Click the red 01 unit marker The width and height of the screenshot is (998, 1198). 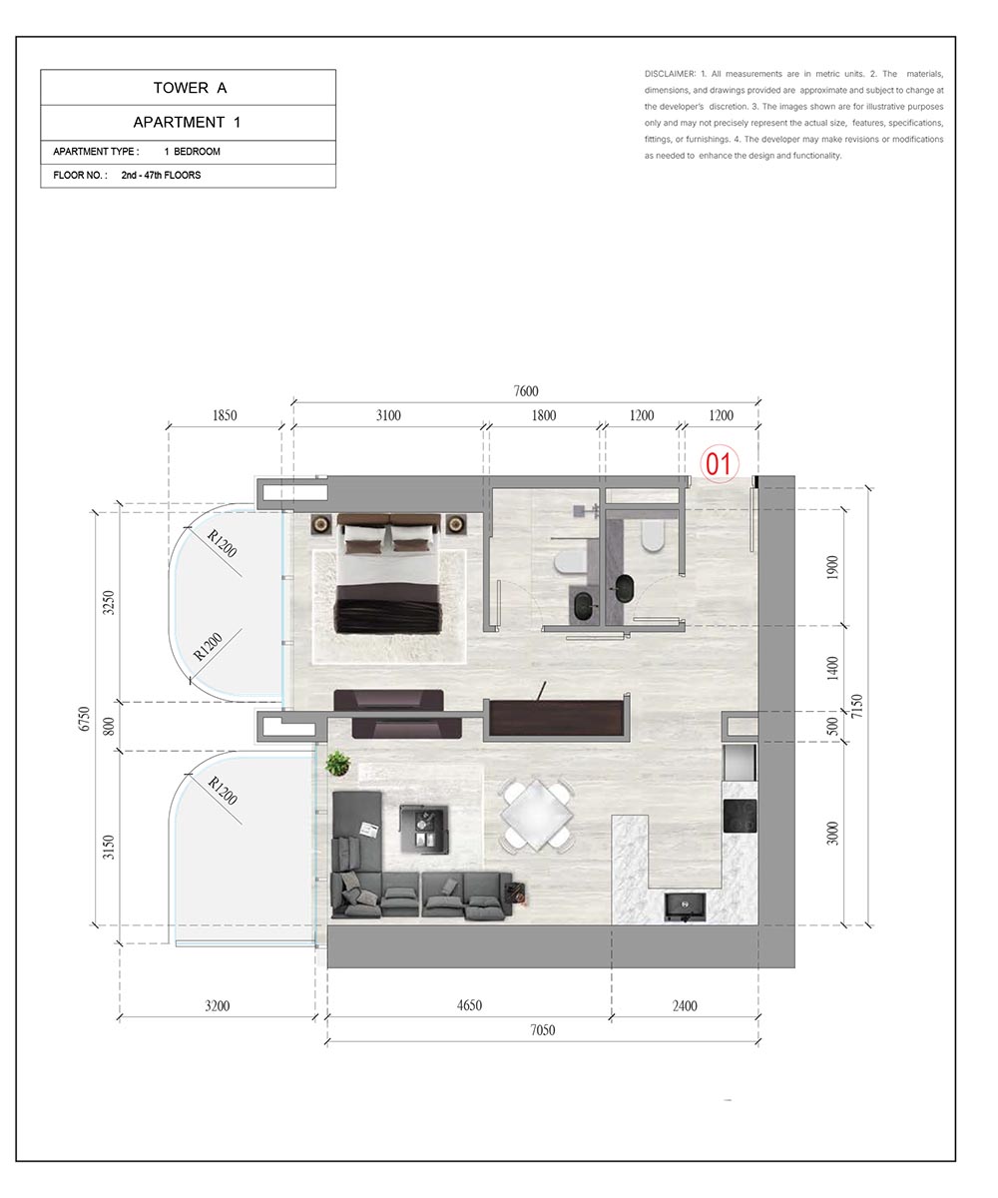click(719, 463)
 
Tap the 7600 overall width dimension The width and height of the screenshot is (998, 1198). click(525, 390)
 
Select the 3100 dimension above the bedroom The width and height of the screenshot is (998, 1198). click(388, 415)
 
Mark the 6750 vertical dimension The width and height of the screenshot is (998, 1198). click(84, 719)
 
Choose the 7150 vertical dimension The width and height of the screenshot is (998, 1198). click(856, 706)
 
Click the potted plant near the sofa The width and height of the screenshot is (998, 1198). click(338, 764)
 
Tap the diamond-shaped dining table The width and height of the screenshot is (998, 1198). click(536, 816)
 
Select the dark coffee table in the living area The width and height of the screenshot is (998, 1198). click(424, 830)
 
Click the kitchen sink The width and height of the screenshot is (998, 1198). click(685, 907)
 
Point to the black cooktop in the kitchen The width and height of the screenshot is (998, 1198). click(740, 816)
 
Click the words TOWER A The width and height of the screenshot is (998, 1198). click(190, 88)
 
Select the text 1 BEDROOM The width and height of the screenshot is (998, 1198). click(193, 152)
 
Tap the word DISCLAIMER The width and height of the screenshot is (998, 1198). click(670, 74)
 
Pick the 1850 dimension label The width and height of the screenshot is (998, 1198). click(225, 415)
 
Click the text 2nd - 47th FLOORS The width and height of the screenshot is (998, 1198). click(161, 175)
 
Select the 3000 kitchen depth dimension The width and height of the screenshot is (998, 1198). click(832, 833)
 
